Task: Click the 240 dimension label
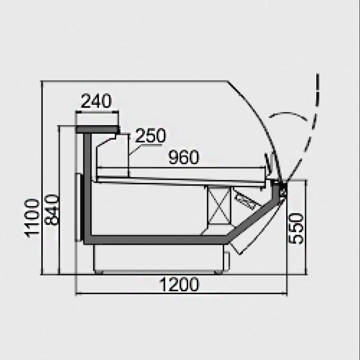click(x=96, y=101)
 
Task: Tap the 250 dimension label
click(x=150, y=135)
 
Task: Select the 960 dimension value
click(x=184, y=157)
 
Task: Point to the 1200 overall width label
click(x=179, y=284)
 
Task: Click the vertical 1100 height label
click(x=32, y=218)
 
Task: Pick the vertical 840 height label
click(x=51, y=210)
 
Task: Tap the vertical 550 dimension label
click(x=296, y=229)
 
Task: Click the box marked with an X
click(x=219, y=205)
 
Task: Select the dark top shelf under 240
click(x=98, y=130)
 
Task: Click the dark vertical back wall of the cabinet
click(x=87, y=186)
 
